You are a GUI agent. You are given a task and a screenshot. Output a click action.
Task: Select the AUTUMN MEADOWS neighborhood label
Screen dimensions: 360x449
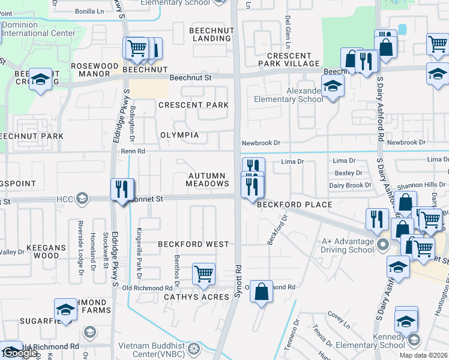coord(206,180)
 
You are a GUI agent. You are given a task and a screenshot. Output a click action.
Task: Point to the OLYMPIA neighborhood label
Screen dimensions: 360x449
coord(179,135)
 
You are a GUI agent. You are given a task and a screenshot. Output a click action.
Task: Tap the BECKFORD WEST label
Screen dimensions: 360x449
coord(193,244)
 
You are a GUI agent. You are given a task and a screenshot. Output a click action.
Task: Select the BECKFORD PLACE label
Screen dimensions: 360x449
coord(294,205)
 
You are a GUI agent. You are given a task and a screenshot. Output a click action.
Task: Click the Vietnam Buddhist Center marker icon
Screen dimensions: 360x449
coord(194,349)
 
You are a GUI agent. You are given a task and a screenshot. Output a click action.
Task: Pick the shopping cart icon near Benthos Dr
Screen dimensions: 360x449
coord(204,274)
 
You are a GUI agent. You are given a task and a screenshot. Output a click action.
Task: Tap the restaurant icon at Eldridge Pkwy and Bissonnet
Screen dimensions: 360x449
coord(122,189)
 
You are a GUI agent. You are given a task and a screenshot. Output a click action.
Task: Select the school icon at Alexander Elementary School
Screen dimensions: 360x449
coord(332,86)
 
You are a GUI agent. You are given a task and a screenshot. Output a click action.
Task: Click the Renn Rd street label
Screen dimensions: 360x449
coord(133,152)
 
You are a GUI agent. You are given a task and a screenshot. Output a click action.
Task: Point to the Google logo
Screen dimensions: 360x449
coord(20,353)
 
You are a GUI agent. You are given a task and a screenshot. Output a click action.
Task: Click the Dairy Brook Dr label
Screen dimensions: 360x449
coord(350,185)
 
